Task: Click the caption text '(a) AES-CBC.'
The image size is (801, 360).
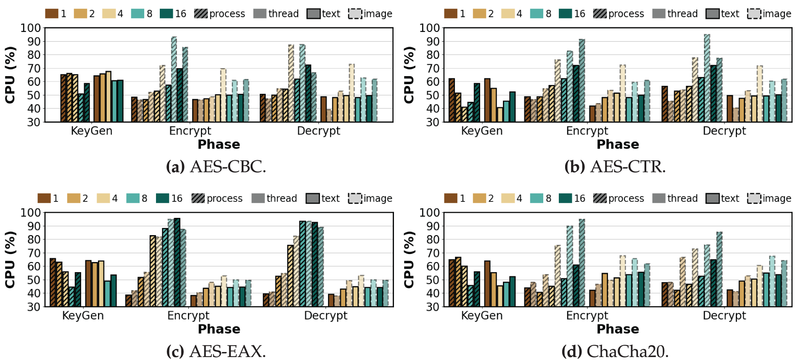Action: [216, 167]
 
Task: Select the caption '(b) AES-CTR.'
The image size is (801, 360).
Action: [615, 167]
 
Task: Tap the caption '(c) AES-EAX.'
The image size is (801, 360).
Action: [216, 351]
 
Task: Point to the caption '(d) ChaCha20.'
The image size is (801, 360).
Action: [615, 351]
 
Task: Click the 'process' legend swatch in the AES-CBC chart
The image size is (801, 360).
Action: [201, 14]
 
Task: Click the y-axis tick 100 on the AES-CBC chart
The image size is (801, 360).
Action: [31, 28]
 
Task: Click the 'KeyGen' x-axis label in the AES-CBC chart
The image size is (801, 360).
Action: [92, 131]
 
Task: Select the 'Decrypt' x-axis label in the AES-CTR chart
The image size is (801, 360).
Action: [724, 131]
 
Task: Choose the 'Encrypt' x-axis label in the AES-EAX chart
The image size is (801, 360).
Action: [188, 315]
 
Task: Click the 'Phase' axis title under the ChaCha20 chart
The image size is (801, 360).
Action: [618, 329]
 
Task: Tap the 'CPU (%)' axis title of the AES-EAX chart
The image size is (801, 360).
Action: [10, 259]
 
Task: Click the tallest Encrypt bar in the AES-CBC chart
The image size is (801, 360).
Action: [174, 79]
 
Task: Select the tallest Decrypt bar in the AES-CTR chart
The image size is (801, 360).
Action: [707, 78]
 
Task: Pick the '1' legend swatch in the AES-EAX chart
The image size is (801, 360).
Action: [44, 199]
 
